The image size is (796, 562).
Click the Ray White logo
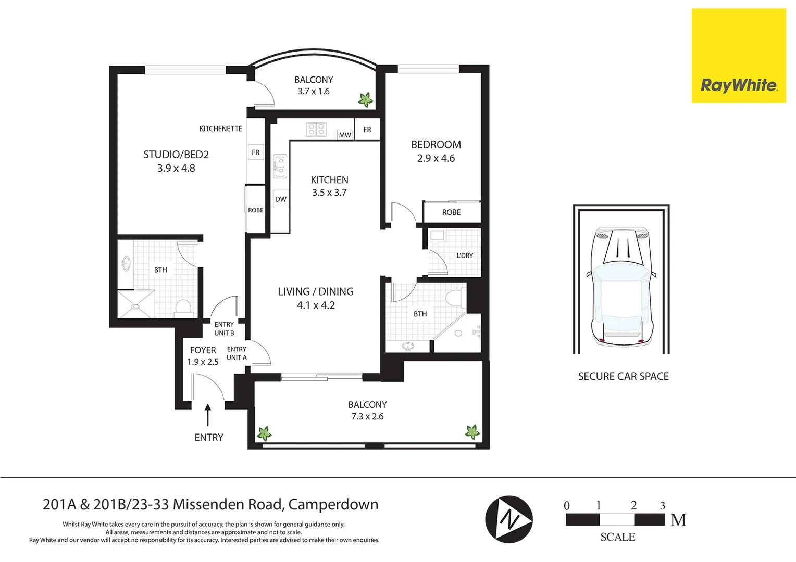click(x=738, y=56)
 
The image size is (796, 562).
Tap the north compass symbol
click(x=509, y=519)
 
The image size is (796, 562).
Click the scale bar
click(x=615, y=520)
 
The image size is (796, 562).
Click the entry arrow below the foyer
click(x=208, y=415)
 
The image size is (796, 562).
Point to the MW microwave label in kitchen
click(x=345, y=135)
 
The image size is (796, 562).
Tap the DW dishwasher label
click(x=281, y=199)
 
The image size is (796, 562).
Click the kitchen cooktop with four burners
click(x=316, y=129)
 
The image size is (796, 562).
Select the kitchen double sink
click(x=280, y=166)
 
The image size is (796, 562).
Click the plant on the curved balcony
click(x=366, y=100)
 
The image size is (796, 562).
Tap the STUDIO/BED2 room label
click(x=176, y=155)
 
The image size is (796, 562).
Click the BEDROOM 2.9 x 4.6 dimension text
click(x=436, y=158)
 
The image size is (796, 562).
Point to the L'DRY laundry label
click(x=465, y=256)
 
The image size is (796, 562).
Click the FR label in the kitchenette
click(x=255, y=152)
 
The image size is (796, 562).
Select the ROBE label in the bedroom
click(x=451, y=212)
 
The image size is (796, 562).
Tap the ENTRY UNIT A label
click(x=237, y=353)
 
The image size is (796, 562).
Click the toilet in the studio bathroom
click(x=184, y=308)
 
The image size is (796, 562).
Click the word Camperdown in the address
click(x=333, y=504)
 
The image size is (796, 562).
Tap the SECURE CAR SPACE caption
click(x=623, y=376)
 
